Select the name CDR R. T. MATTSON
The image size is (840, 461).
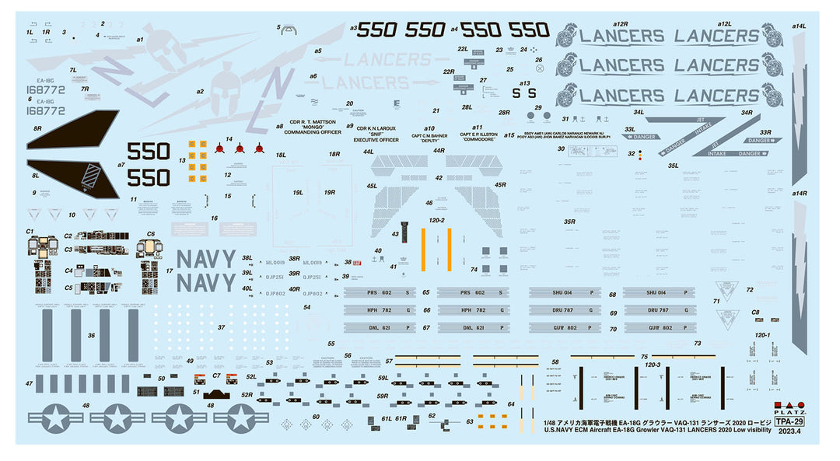click(313, 123)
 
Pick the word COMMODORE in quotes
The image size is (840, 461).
click(478, 139)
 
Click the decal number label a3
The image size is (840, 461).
click(354, 28)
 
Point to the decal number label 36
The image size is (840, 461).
click(92, 335)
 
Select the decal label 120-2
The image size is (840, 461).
click(436, 221)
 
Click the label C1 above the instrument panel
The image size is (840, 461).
click(30, 231)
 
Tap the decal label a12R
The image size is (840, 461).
click(620, 24)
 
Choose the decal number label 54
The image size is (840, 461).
click(306, 308)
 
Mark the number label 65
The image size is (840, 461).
click(426, 292)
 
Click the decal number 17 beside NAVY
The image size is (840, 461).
click(168, 271)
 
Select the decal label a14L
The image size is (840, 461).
click(799, 26)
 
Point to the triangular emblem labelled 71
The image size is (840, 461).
click(729, 291)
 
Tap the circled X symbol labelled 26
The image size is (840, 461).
click(538, 59)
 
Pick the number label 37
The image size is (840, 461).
click(222, 327)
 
